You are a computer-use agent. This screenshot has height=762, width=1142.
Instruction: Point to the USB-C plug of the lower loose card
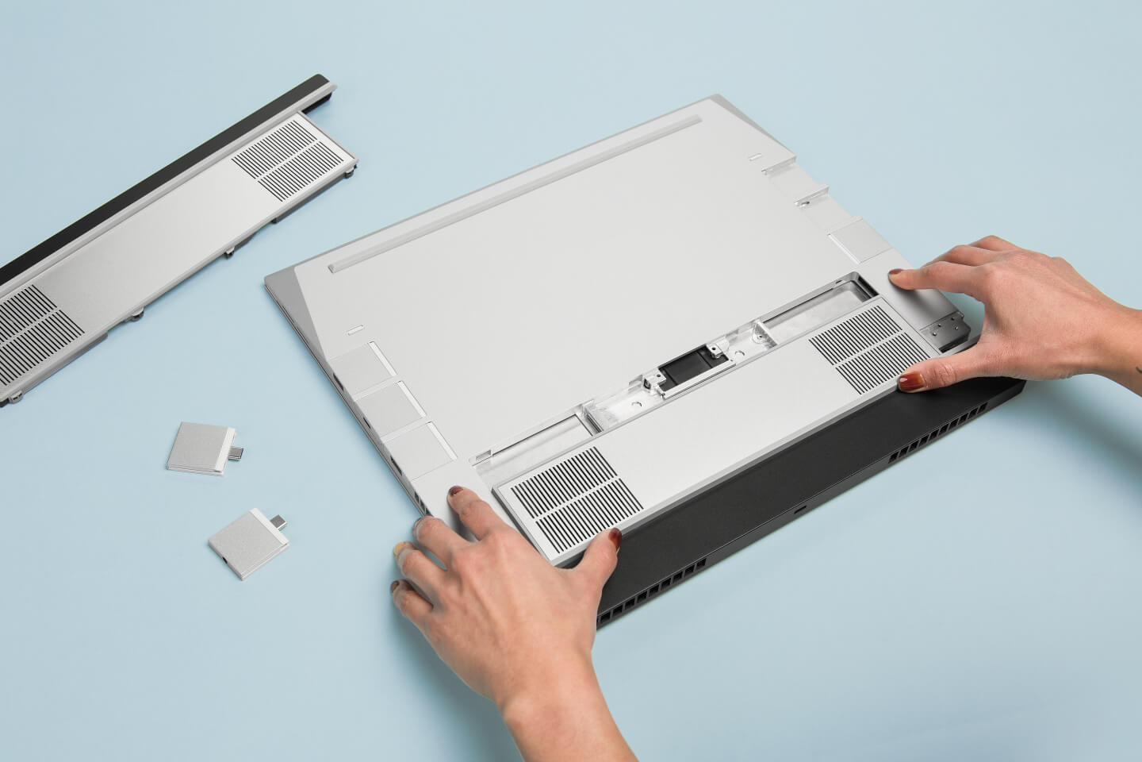[278, 522]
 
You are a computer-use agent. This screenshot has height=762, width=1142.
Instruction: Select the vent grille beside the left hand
[568, 491]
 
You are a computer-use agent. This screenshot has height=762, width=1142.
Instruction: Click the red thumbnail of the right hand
[909, 385]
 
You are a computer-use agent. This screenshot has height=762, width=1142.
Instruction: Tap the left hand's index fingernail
[458, 495]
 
